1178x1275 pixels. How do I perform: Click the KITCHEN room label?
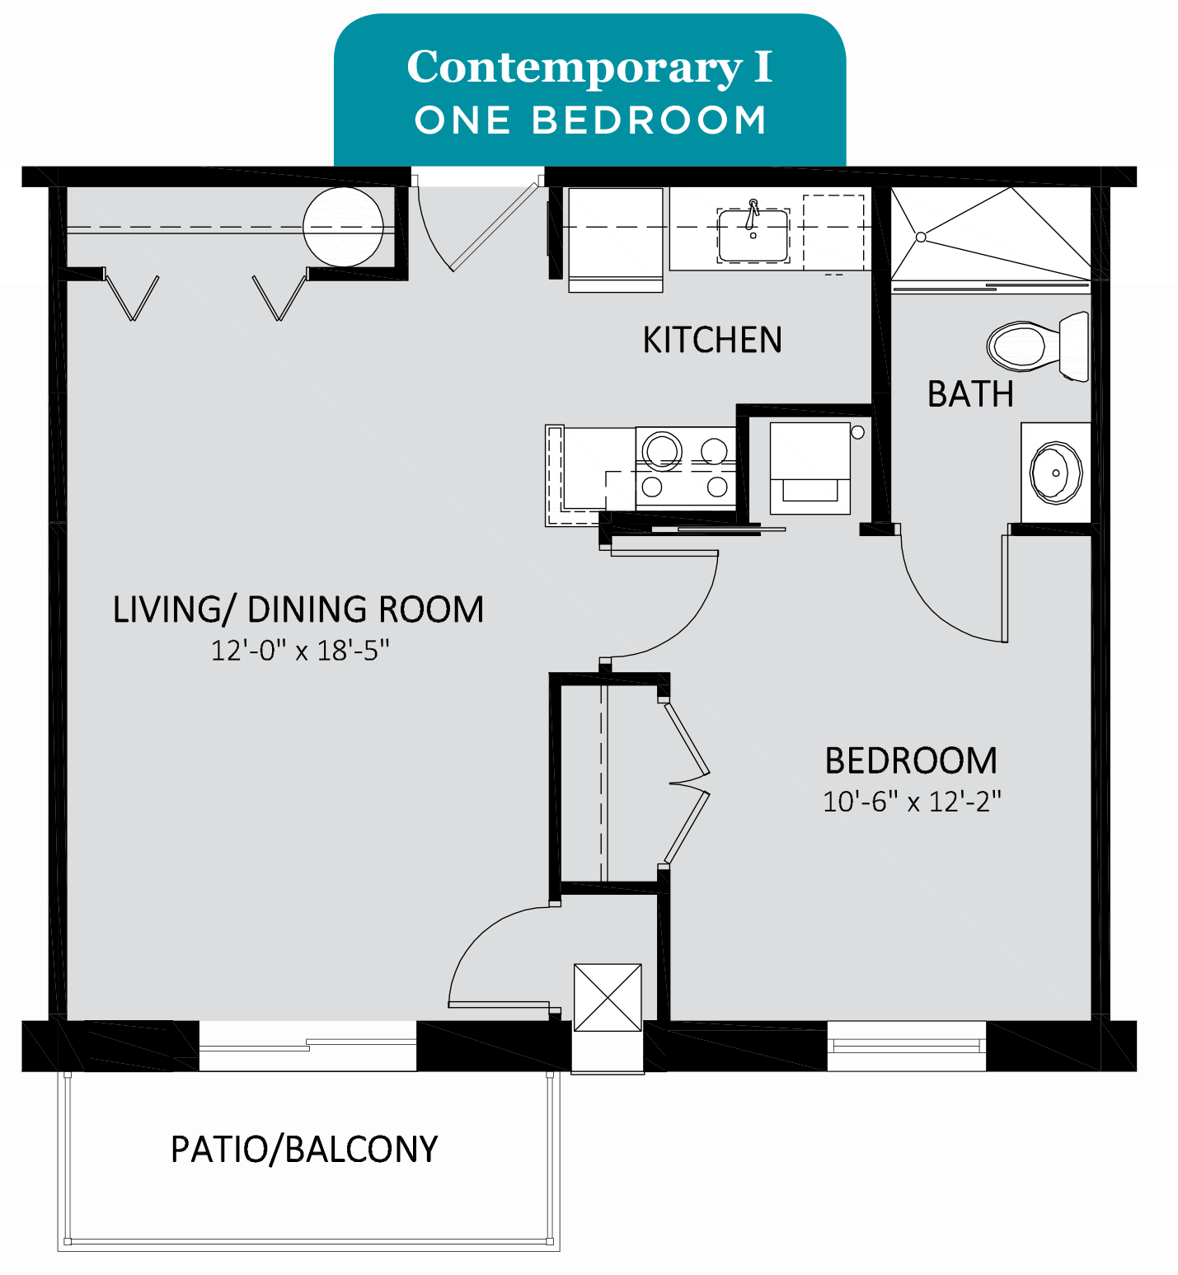coord(712,340)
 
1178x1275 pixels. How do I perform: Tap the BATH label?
coord(970,394)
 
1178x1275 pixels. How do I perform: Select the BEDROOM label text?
coord(911,760)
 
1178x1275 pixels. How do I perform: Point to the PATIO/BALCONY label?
coord(304,1149)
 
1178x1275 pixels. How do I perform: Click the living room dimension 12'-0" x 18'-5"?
coord(300,651)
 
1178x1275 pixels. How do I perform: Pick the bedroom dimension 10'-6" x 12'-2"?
coord(912,802)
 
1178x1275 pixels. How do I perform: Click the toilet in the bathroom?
coord(1039,346)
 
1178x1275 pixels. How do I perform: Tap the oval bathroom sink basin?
coord(1055,473)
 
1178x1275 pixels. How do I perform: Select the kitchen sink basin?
coord(753,235)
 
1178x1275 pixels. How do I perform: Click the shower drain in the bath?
coord(922,237)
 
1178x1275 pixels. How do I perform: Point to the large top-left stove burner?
coord(663,450)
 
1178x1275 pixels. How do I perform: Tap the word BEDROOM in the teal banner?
coord(650,120)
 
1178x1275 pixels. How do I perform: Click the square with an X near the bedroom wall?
coord(608,997)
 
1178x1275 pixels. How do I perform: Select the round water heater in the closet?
coord(343,227)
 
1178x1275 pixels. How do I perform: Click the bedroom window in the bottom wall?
coord(907,1046)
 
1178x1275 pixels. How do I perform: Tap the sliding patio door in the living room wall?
coord(307,1046)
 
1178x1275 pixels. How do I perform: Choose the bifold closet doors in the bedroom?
coord(687,782)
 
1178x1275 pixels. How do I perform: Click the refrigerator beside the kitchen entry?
coord(615,240)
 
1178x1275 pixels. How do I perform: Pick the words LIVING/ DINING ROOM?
coord(298,609)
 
